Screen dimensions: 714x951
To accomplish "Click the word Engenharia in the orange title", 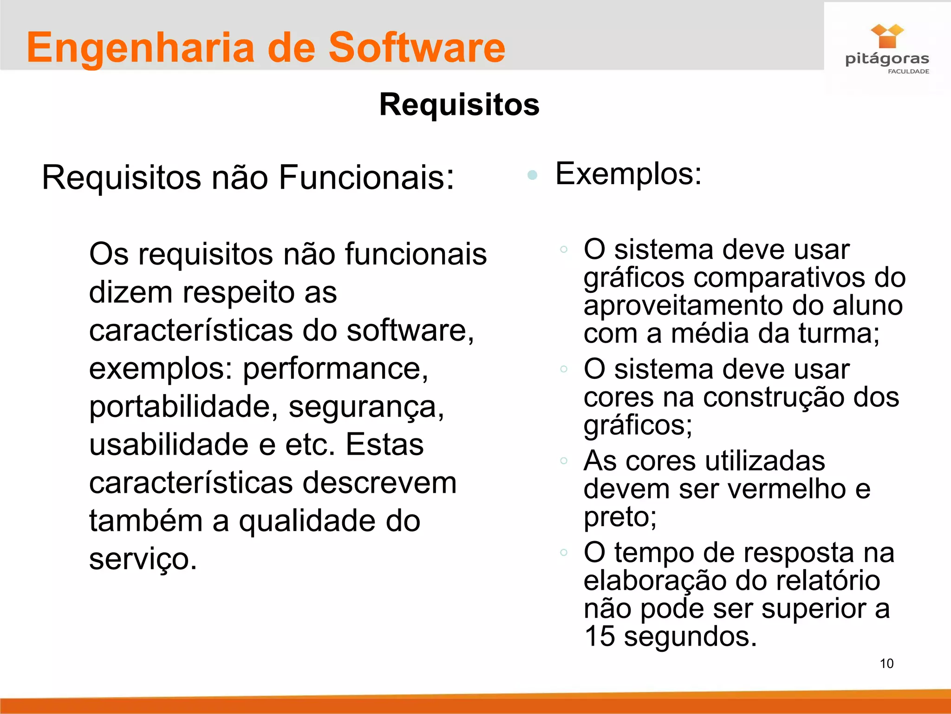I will pyautogui.click(x=141, y=48).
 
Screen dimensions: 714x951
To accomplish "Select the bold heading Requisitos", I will pyautogui.click(x=459, y=104).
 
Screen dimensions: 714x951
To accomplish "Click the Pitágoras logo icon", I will pyautogui.click(x=887, y=36).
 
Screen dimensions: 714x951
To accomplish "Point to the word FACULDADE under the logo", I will pyautogui.click(x=908, y=71).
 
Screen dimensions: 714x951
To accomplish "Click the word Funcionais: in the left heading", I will pyautogui.click(x=366, y=178).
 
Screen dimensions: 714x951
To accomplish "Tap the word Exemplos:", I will pyautogui.click(x=628, y=174).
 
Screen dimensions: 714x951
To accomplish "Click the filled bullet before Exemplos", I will pyautogui.click(x=533, y=175).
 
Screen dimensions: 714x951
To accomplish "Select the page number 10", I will pyautogui.click(x=886, y=663).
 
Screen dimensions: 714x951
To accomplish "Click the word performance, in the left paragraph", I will pyautogui.click(x=335, y=369).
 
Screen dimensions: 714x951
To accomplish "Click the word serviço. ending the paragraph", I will pyautogui.click(x=143, y=559).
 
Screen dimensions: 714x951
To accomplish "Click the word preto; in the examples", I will pyautogui.click(x=620, y=517).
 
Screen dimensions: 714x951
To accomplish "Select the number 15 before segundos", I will pyautogui.click(x=599, y=636).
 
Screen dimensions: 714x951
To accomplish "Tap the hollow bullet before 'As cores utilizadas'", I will pyautogui.click(x=564, y=461).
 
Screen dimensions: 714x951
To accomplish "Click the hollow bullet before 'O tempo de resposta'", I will pyautogui.click(x=564, y=552).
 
